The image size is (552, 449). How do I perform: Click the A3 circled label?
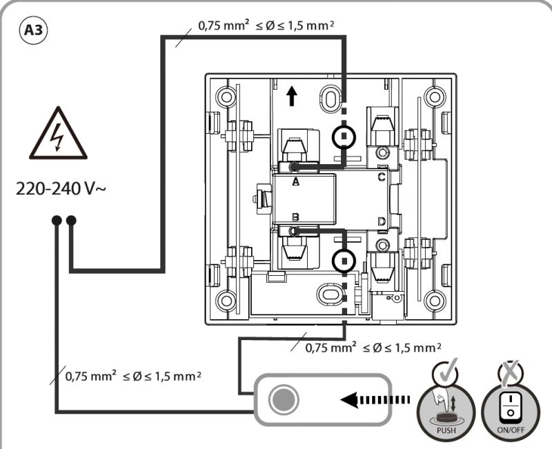[32, 30]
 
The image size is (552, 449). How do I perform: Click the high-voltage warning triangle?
[58, 134]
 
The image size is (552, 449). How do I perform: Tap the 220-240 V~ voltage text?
[61, 188]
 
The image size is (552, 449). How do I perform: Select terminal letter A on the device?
[296, 181]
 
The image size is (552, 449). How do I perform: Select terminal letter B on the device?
[296, 217]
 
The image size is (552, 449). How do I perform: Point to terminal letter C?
[382, 177]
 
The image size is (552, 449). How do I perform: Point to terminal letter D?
[382, 221]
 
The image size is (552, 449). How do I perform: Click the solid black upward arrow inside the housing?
[291, 97]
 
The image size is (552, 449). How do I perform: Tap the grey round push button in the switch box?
[284, 399]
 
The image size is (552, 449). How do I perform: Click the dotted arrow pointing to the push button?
[375, 400]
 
